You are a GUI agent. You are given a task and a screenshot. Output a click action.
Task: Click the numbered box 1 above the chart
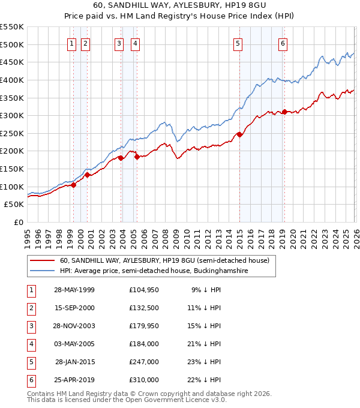click(71, 43)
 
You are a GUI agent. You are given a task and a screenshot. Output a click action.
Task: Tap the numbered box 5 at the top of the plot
click(238, 43)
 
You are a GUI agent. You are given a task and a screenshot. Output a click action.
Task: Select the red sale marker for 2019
click(284, 112)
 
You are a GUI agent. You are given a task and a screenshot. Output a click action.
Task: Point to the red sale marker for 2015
click(239, 134)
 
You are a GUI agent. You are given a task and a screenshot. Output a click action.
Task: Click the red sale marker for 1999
click(74, 185)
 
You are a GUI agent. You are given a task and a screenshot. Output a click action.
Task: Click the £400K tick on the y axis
click(12, 80)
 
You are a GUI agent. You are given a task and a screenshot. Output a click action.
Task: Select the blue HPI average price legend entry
click(154, 271)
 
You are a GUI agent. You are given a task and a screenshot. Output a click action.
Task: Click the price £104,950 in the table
click(143, 290)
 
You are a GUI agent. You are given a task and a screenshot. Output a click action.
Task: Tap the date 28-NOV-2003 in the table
click(74, 326)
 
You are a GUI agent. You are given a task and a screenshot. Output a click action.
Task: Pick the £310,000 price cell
click(143, 380)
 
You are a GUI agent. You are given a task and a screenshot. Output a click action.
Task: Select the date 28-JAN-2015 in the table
click(74, 362)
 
